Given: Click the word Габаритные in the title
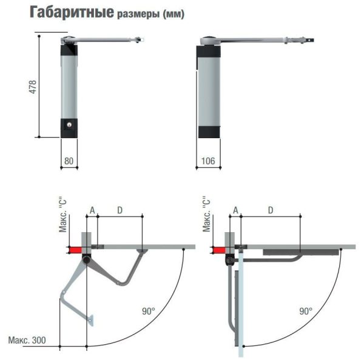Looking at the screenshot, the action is [x=72, y=12].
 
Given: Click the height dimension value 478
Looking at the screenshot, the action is [x=33, y=87].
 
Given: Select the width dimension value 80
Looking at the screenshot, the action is [x=69, y=161].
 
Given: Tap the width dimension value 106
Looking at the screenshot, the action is [x=208, y=161].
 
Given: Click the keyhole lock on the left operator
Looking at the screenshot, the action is [x=69, y=125].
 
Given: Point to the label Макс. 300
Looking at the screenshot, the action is [x=27, y=340].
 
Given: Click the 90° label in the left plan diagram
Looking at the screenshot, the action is [x=149, y=311].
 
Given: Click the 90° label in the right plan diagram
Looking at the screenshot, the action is [x=306, y=311].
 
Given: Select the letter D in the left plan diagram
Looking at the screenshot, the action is [x=120, y=210].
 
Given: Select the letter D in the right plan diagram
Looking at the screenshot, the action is [x=271, y=210].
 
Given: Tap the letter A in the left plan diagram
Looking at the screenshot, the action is [x=92, y=210].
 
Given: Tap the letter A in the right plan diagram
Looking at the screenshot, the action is [x=235, y=210].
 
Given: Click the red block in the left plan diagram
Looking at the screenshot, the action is [x=75, y=250].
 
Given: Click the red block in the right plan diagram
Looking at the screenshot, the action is [x=218, y=250].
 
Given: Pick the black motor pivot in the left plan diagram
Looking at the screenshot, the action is [x=87, y=259].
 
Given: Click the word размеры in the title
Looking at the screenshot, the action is [x=138, y=14].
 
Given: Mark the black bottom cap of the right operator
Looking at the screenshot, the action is [x=209, y=132].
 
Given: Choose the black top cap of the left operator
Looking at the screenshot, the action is [x=69, y=50].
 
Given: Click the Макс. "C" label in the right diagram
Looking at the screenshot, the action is [x=206, y=214].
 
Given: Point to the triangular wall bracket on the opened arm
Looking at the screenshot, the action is [x=91, y=320].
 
